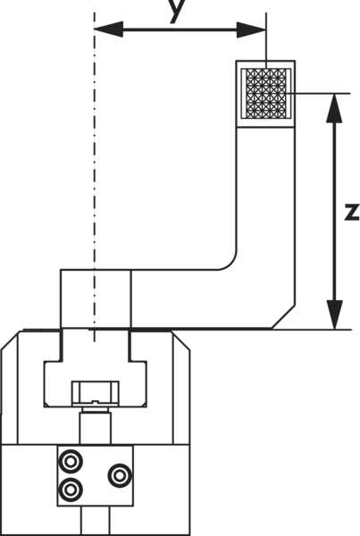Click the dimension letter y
point(178,10)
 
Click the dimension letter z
point(352,212)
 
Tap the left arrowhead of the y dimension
point(108,29)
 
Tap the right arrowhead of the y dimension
point(252,29)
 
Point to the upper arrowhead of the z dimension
point(334,108)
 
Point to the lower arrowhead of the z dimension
point(334,314)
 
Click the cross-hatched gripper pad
point(266,94)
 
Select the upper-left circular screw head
point(71,462)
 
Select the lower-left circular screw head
point(71,490)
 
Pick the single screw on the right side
point(120,475)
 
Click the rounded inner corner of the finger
point(230,264)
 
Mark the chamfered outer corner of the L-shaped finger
point(283,317)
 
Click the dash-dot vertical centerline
point(95,177)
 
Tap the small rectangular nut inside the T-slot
point(96,393)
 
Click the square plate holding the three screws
point(96,476)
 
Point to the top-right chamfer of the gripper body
point(180,340)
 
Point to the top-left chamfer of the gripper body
point(10,340)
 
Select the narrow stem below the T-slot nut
point(96,428)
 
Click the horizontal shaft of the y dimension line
point(180,29)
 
